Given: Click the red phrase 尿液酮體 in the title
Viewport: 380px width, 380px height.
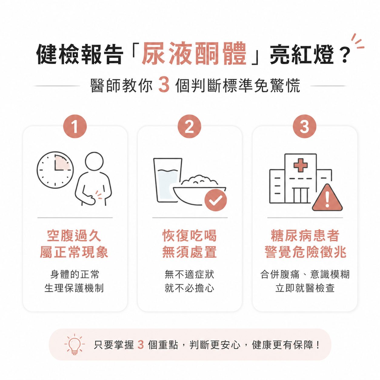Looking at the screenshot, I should pyautogui.click(x=194, y=54).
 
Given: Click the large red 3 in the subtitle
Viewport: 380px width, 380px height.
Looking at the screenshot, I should pyautogui.click(x=164, y=85).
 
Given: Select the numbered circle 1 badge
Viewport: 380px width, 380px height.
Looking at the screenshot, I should pyautogui.click(x=75, y=126).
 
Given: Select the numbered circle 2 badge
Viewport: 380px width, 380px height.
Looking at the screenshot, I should pyautogui.click(x=189, y=126).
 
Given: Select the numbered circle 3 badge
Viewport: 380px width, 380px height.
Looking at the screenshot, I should pyautogui.click(x=304, y=126).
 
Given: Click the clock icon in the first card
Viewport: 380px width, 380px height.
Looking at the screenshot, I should pyautogui.click(x=55, y=170).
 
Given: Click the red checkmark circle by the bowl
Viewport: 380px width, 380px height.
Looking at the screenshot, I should pyautogui.click(x=215, y=200).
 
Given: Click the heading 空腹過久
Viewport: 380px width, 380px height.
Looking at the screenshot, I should pyautogui.click(x=74, y=235).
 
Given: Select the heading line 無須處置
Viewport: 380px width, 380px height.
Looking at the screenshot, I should pyautogui.click(x=189, y=252).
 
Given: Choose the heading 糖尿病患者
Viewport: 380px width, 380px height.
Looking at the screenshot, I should pyautogui.click(x=305, y=235).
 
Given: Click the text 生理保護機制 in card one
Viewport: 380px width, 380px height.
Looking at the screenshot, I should pyautogui.click(x=74, y=288).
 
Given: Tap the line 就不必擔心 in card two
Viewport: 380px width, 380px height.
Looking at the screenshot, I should pyautogui.click(x=189, y=288).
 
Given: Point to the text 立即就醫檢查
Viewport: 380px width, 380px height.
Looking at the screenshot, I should pyautogui.click(x=305, y=288).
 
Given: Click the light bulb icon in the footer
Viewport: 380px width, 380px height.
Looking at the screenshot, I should pyautogui.click(x=74, y=345).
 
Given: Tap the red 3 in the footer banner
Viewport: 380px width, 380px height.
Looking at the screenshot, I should pyautogui.click(x=140, y=345).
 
